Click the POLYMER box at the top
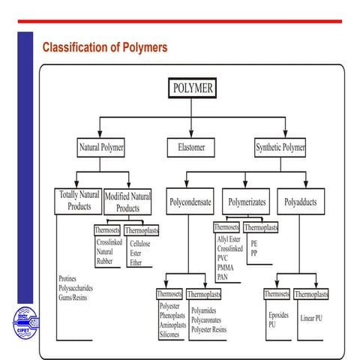tap(193, 88)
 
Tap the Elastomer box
tap(192, 148)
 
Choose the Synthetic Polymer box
tap(280, 148)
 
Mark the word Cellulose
tap(140, 244)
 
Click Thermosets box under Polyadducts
tap(277, 295)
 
